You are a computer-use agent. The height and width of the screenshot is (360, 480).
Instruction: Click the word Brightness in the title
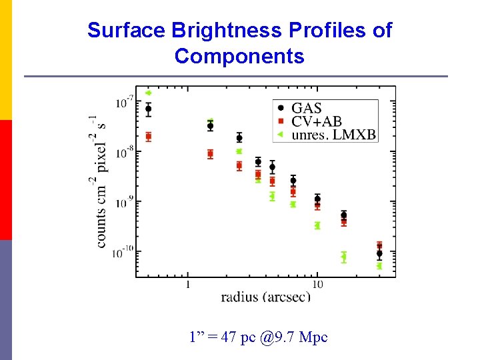227,31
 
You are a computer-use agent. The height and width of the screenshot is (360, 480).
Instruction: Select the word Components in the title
239,56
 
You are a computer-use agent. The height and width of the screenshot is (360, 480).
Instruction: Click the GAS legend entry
300,108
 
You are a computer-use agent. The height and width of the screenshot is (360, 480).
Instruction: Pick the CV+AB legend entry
309,121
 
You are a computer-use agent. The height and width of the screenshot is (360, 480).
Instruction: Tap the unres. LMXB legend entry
327,135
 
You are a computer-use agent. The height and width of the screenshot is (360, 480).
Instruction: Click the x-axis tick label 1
187,285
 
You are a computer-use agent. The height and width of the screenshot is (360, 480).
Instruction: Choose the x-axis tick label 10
317,285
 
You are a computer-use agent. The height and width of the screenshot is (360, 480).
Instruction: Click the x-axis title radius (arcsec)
266,297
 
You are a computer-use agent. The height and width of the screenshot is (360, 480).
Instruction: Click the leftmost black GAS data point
149,109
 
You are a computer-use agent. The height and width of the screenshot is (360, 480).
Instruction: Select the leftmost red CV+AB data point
149,137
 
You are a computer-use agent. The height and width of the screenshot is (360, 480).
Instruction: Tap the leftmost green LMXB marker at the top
148,93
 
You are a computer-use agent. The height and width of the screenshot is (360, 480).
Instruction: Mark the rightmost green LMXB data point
379,266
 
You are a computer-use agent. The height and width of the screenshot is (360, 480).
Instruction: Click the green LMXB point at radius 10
317,226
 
